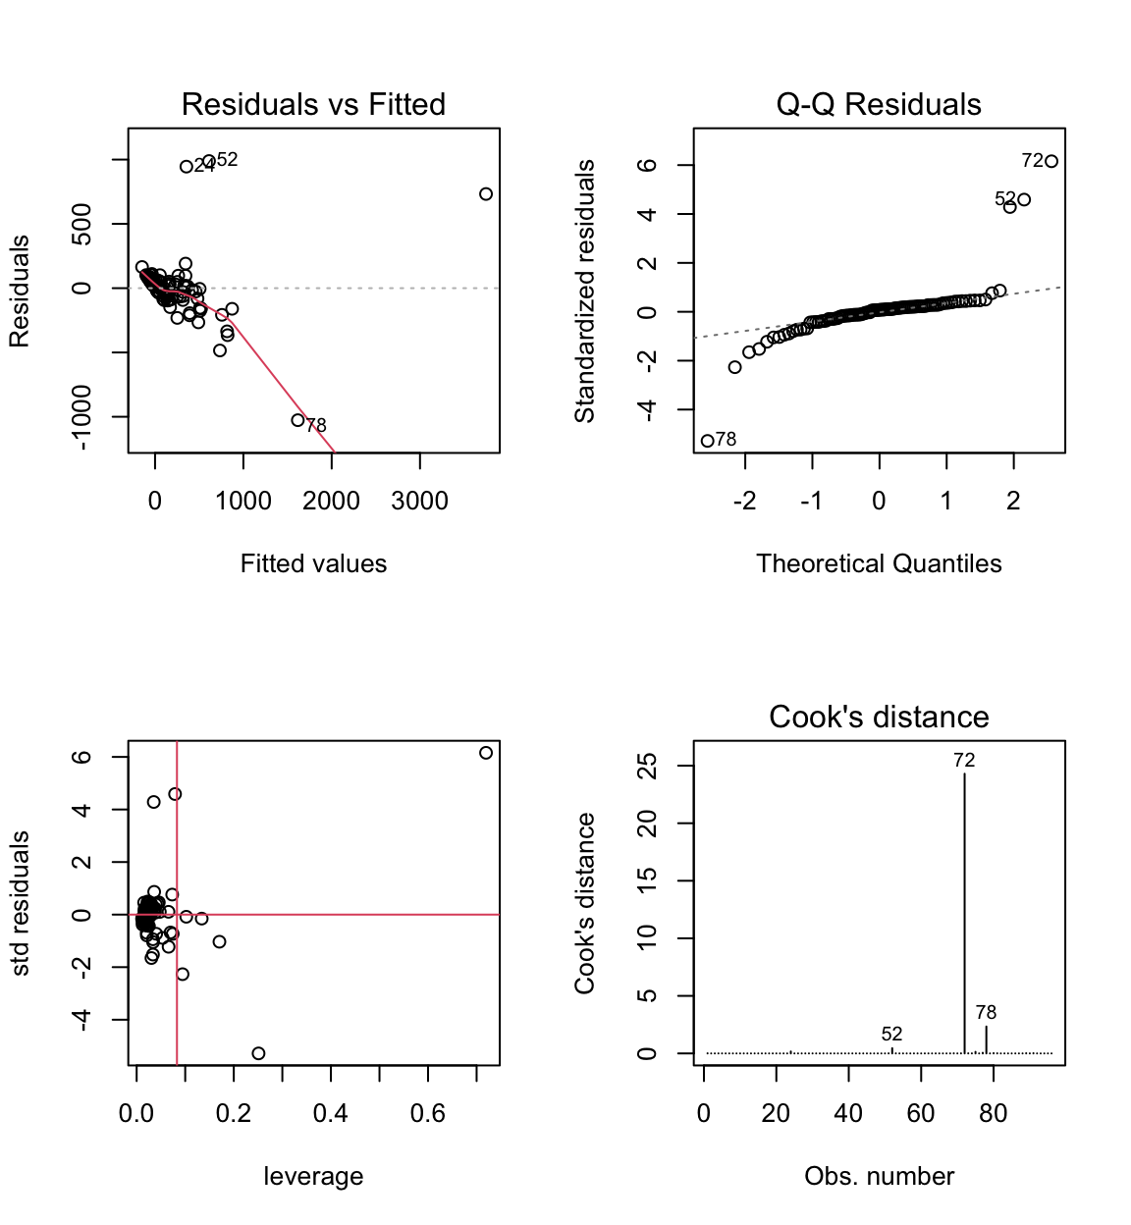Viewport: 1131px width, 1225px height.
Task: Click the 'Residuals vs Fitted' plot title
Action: tap(313, 104)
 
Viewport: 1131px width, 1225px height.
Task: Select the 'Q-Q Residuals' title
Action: tap(879, 104)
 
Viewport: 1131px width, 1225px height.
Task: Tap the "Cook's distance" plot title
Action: tap(879, 717)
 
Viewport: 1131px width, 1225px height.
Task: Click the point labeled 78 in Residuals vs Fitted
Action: tap(298, 420)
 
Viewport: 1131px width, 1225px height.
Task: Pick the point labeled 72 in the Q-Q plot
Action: tap(1051, 161)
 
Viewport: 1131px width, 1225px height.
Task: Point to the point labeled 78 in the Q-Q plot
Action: tap(707, 441)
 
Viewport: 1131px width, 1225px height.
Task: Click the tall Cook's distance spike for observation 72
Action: tap(964, 913)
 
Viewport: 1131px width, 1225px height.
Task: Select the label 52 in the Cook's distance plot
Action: tap(891, 1034)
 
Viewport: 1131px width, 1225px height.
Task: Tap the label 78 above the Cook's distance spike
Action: tap(986, 1012)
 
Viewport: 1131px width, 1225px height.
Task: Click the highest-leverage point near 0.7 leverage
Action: tap(486, 753)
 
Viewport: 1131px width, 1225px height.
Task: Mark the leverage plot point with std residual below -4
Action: tap(258, 1053)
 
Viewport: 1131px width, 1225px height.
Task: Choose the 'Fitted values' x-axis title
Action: tap(313, 563)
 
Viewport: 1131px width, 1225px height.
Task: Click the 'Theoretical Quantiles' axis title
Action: tap(879, 563)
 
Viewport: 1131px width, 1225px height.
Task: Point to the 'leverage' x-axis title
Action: tap(313, 1176)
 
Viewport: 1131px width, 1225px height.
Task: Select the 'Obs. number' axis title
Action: tap(879, 1176)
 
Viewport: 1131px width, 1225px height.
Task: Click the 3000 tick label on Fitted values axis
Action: tap(419, 501)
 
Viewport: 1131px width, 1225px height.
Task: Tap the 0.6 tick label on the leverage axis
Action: tap(427, 1113)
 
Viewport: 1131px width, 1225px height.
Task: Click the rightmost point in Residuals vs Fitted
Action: tap(486, 194)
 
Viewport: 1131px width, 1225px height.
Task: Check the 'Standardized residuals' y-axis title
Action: tap(585, 291)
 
